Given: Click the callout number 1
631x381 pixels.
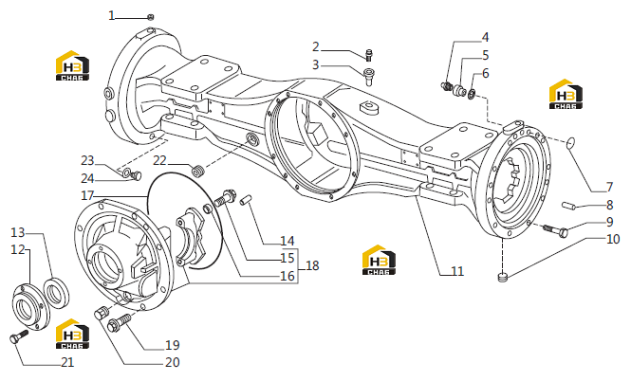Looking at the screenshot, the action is click(x=111, y=16).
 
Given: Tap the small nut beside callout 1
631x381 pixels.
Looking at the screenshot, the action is click(x=151, y=17).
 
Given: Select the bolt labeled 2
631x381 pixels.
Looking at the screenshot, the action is click(x=368, y=55).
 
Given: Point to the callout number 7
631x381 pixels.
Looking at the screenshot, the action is click(x=609, y=187).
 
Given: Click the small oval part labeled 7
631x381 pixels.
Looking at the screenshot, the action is click(x=570, y=143).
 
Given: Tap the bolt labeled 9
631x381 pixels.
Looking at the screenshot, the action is click(x=556, y=230).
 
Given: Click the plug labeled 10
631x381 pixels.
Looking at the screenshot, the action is click(x=503, y=276).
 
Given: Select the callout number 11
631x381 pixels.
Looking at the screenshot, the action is click(x=457, y=271).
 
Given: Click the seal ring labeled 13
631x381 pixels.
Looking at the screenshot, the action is click(x=56, y=292).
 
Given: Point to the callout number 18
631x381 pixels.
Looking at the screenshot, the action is click(x=312, y=265).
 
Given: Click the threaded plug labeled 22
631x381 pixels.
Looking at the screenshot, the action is click(x=198, y=170).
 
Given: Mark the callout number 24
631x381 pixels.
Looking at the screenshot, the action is click(x=87, y=178).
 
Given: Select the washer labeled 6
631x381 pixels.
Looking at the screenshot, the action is click(x=472, y=95).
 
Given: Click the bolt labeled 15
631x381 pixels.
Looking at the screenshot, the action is click(x=225, y=197).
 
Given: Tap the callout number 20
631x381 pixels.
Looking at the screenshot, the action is click(x=173, y=362).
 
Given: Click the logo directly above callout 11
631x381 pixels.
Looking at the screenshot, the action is click(x=379, y=260).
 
